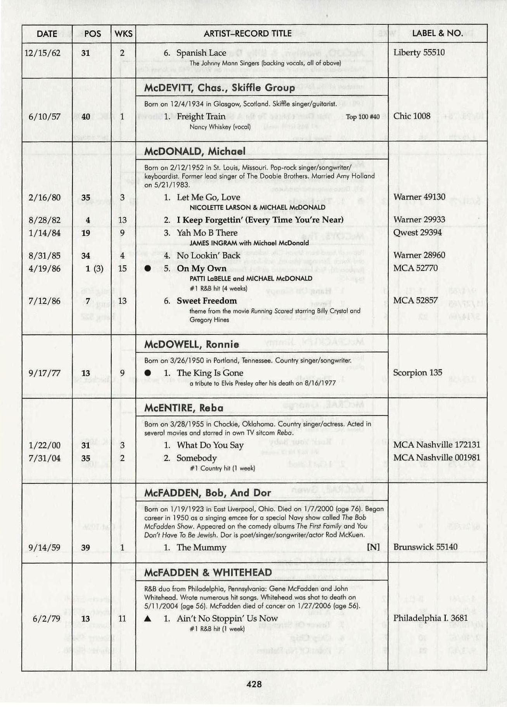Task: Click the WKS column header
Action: pos(123,34)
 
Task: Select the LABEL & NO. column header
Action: pos(437,33)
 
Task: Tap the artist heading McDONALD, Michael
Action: pos(195,151)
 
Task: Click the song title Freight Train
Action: pos(201,116)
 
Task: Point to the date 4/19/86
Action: pos(45,269)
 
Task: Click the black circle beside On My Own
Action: pos(148,269)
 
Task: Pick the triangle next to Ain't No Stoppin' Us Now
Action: pos(147,619)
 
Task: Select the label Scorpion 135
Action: pos(417,373)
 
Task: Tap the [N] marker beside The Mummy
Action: pos(373,548)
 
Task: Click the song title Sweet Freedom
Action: pos(206,301)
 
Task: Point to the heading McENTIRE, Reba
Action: pos(183,408)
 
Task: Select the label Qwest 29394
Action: pos(417,233)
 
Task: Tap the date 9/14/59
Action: pos(45,548)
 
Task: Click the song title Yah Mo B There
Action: pos(207,233)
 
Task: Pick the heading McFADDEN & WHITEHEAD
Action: pos(208,573)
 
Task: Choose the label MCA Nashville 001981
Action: pos(436,458)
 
